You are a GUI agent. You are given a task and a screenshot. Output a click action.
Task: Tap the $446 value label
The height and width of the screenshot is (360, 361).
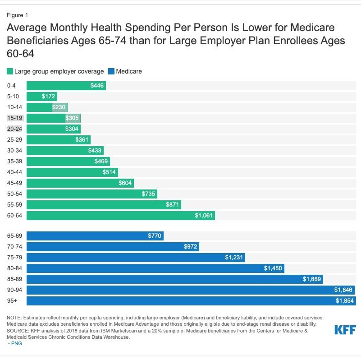(97, 86)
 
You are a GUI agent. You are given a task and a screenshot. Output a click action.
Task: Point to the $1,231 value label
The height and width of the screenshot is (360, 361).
(234, 258)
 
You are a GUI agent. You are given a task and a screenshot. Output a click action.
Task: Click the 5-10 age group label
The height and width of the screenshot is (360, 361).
(14, 97)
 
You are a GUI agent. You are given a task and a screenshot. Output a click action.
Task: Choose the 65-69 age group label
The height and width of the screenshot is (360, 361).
(15, 236)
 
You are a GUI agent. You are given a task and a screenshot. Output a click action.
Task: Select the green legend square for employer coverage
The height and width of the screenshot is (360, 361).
(10, 71)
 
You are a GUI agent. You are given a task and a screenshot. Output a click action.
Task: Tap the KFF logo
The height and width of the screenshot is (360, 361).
(344, 330)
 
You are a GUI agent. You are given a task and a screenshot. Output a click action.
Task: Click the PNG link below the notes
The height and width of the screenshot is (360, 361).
(16, 343)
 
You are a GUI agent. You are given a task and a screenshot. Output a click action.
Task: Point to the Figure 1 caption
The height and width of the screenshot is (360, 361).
(18, 15)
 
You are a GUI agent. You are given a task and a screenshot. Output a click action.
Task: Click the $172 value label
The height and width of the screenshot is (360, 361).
(48, 97)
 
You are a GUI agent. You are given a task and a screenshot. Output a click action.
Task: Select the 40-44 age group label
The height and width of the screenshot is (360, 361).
(15, 172)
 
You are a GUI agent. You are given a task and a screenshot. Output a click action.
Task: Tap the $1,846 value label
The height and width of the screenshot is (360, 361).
(343, 290)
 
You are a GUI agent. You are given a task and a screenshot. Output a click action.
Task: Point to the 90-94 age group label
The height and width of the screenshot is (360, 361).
(15, 290)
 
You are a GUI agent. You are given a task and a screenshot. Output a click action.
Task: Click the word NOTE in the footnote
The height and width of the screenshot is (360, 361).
(14, 318)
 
